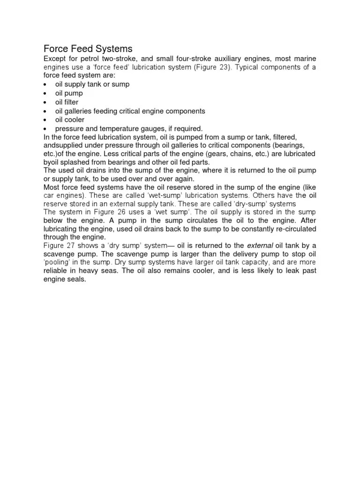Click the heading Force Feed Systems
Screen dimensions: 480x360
pos(88,49)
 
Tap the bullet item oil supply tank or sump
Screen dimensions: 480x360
pos(92,84)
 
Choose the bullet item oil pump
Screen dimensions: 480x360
pos(69,93)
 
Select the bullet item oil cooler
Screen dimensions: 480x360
pos(70,120)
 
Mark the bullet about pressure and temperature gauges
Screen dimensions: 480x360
pos(129,128)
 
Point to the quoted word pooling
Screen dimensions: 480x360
pos(57,263)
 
